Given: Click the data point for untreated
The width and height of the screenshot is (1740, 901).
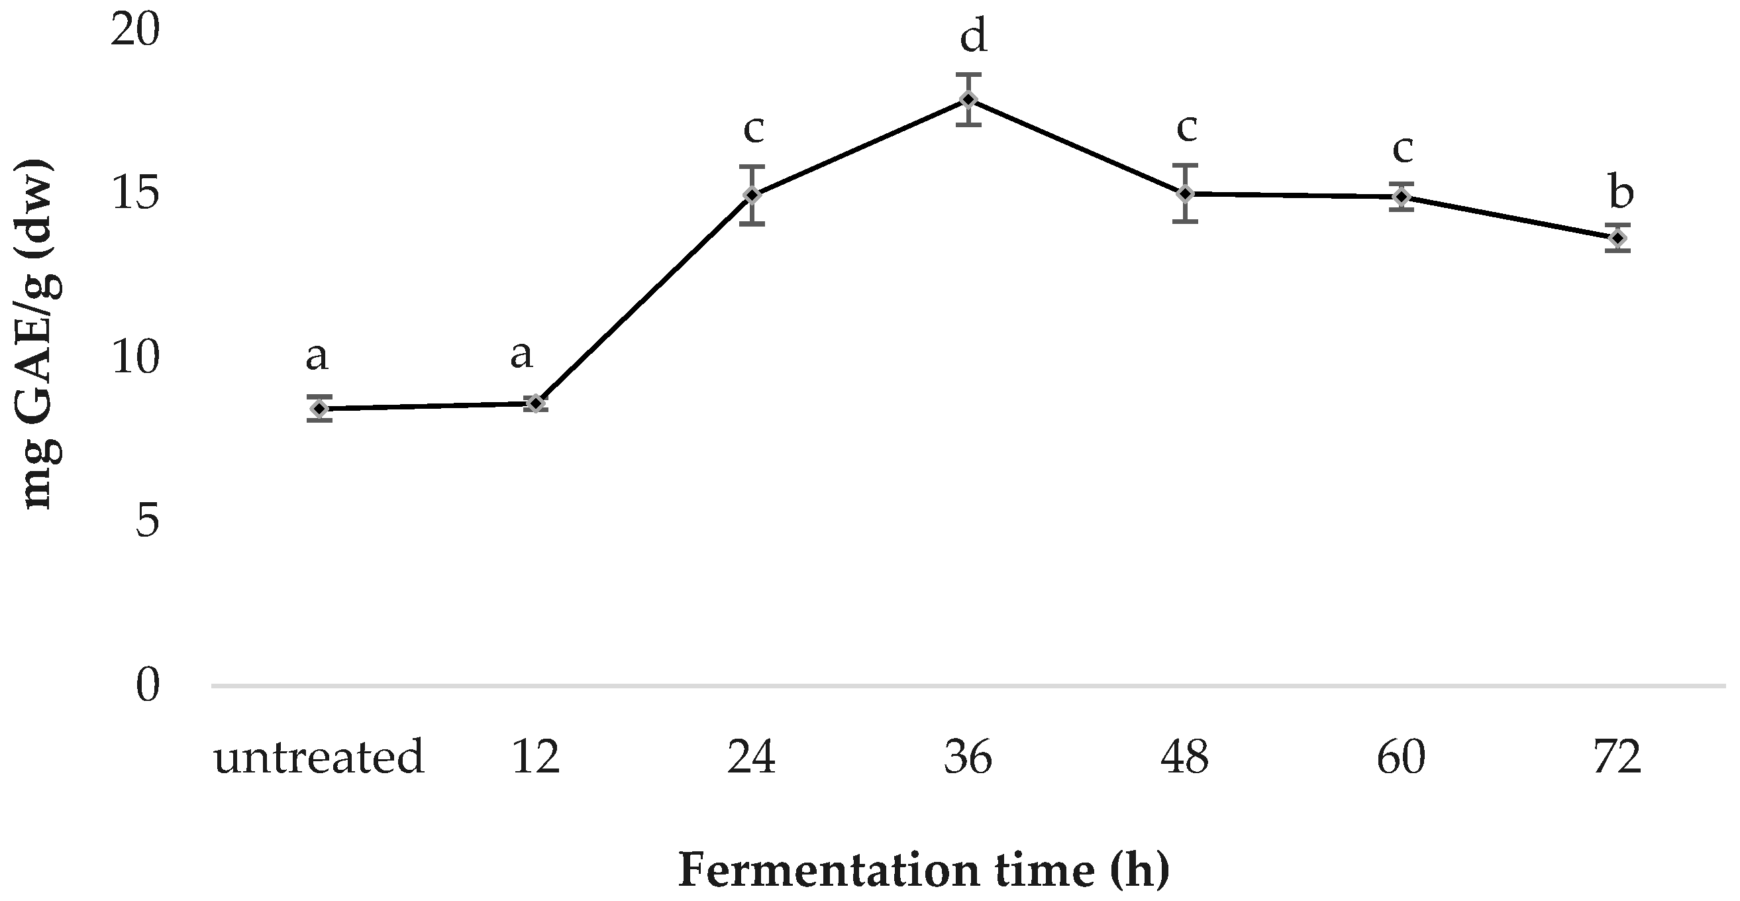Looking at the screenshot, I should (x=319, y=409).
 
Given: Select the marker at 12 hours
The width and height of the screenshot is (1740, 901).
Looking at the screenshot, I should (x=536, y=403).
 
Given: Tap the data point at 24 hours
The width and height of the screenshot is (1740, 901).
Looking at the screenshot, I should (x=752, y=195).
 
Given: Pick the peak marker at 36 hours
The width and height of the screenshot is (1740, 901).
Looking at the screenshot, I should (x=968, y=99).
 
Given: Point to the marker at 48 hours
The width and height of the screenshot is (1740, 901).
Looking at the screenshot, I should (x=1185, y=193).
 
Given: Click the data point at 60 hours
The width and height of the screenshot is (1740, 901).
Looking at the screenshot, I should (x=1402, y=197).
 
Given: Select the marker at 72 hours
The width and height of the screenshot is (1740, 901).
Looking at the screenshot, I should (x=1617, y=238).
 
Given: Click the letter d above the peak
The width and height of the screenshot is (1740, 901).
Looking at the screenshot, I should (x=974, y=36).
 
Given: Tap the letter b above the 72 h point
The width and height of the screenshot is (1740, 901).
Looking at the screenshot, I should (x=1621, y=193).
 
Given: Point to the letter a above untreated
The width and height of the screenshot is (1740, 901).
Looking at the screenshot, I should (x=317, y=356).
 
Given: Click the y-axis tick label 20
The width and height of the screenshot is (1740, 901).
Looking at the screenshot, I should (x=135, y=31).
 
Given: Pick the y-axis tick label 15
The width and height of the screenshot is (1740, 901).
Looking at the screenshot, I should (x=135, y=195).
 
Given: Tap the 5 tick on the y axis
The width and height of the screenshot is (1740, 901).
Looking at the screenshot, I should (x=147, y=521).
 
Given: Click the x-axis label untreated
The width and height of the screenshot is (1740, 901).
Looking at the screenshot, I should (x=319, y=757).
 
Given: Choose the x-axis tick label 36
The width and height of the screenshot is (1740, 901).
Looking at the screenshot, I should (x=968, y=757).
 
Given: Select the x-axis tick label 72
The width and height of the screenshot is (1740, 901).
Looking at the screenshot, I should (x=1617, y=757).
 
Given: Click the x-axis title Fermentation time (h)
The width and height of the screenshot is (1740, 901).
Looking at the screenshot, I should (x=923, y=870).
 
